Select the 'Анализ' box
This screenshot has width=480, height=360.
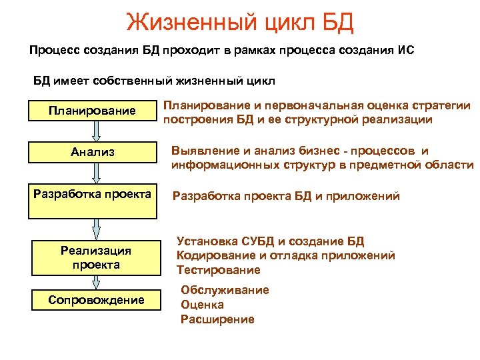coord(92,152)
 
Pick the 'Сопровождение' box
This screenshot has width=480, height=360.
coord(96,300)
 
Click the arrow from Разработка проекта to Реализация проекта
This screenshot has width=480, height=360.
coord(96,230)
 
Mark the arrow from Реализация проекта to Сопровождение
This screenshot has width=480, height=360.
coord(96,282)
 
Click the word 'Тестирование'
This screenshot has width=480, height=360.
coord(218,270)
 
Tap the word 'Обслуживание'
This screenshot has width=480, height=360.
coord(225,290)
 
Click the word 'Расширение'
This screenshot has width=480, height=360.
coord(217,319)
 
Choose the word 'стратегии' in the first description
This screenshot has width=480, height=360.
coord(441,106)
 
